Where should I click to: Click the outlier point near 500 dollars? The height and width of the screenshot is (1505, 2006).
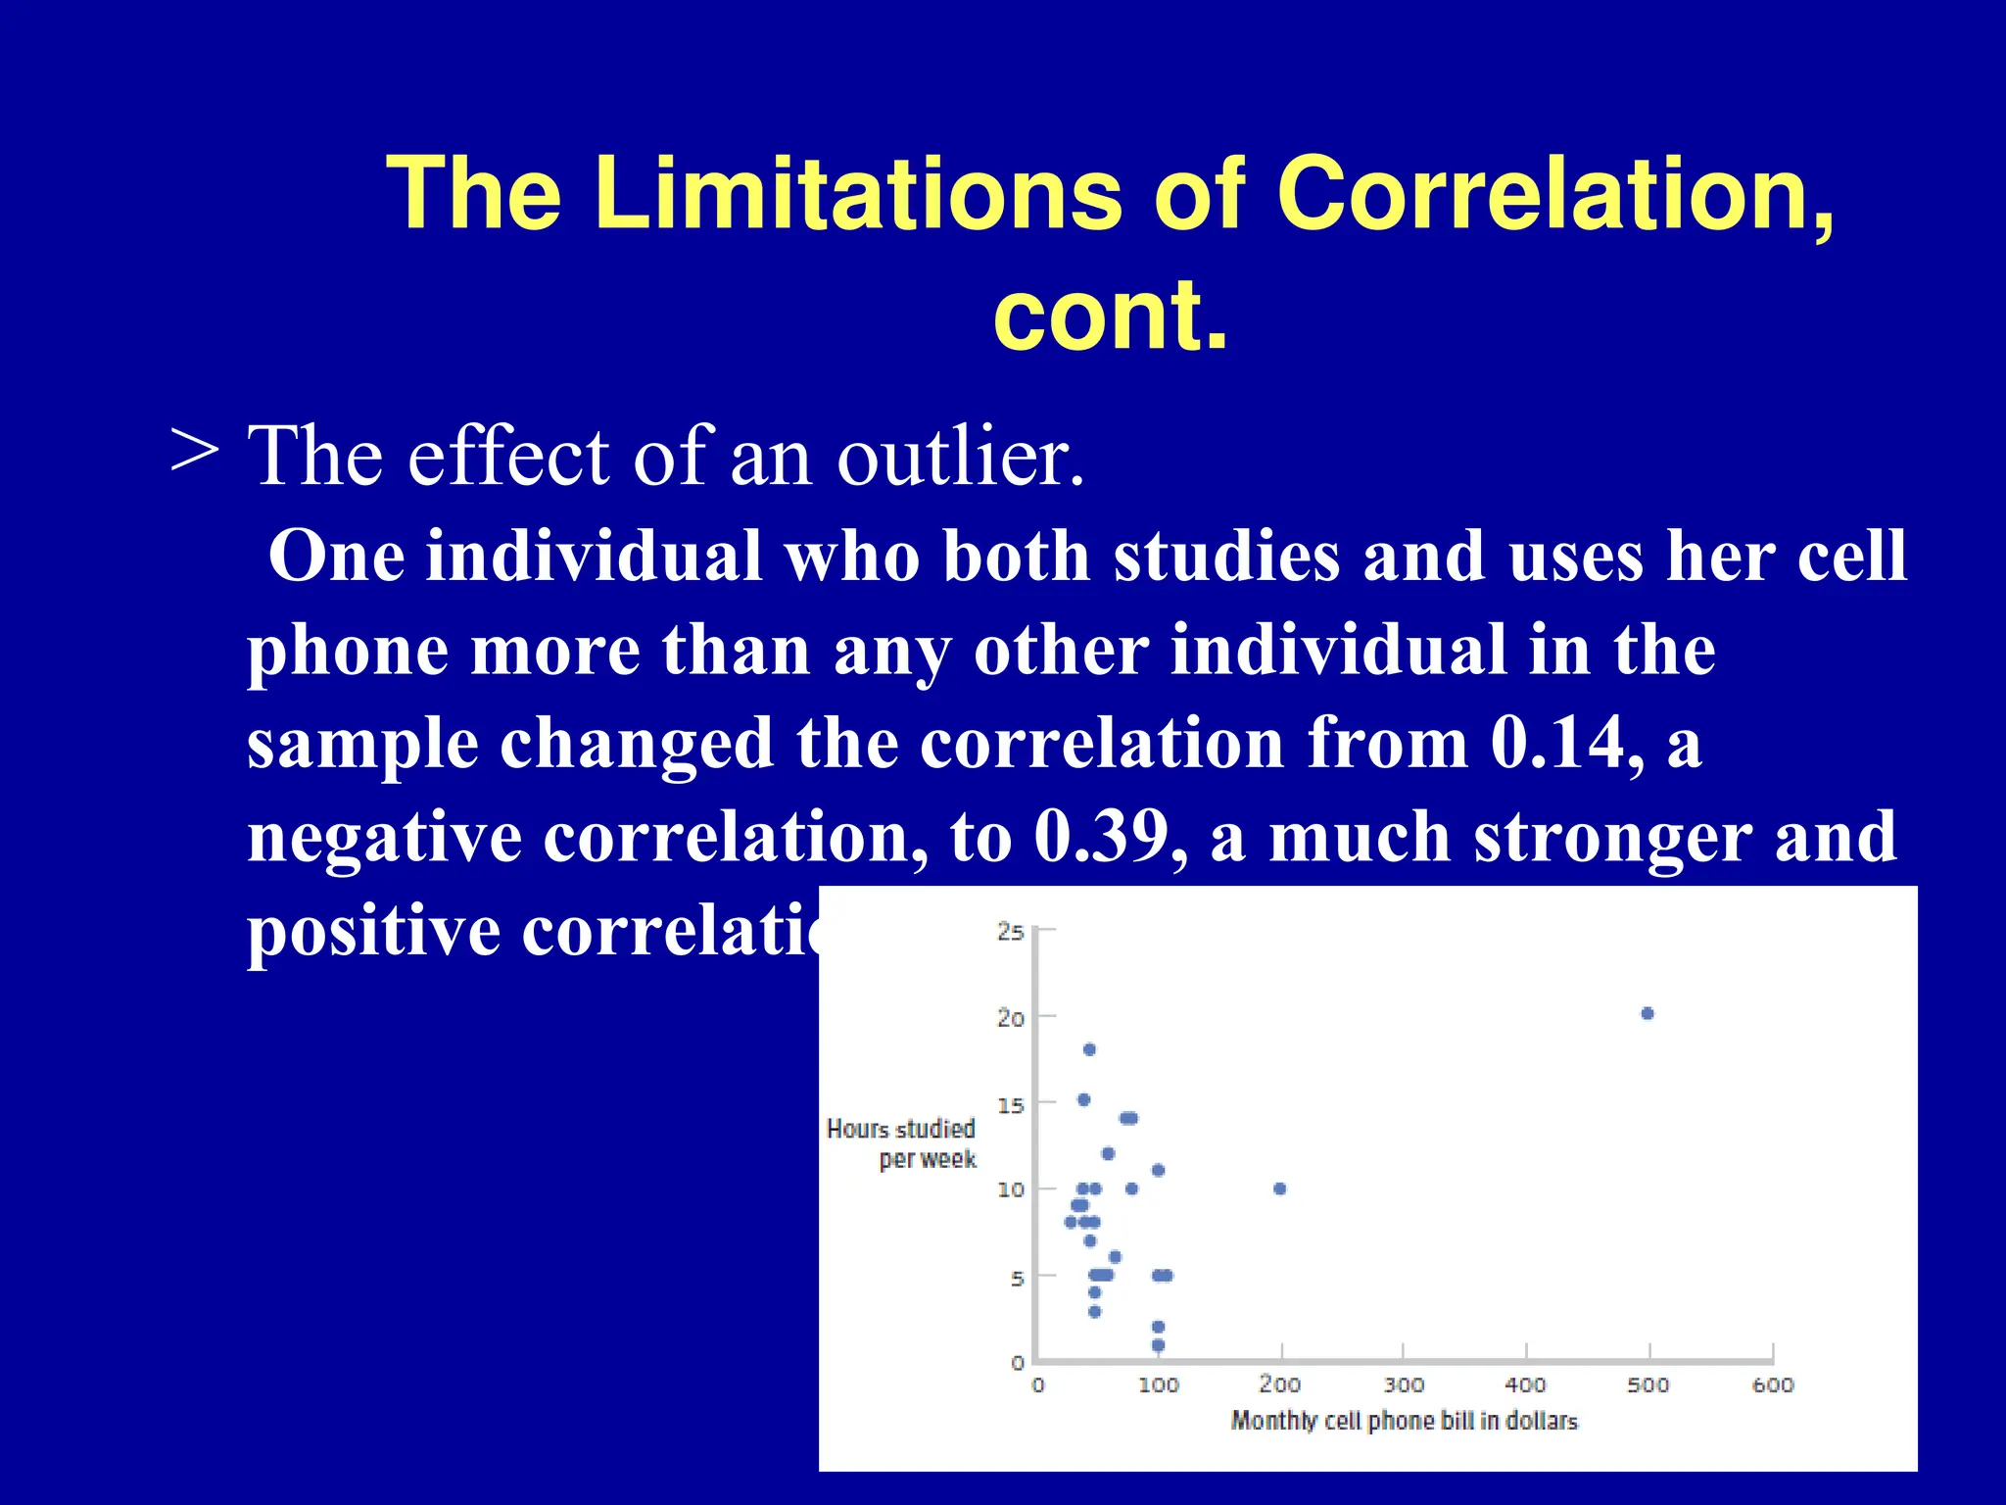[1647, 1013]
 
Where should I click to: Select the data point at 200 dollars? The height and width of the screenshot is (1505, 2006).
[1279, 1189]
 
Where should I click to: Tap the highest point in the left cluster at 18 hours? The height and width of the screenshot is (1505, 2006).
[1089, 1049]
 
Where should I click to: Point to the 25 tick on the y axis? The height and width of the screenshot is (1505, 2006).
[1011, 932]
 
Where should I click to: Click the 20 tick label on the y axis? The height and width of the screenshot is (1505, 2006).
[1011, 1018]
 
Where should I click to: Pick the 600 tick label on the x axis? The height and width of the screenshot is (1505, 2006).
[1772, 1385]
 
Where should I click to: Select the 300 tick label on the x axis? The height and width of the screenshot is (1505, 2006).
[1404, 1385]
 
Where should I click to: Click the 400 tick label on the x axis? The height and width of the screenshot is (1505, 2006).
[1525, 1385]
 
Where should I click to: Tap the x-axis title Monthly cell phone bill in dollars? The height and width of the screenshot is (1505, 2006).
[1404, 1421]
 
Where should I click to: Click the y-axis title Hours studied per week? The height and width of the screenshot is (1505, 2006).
[902, 1143]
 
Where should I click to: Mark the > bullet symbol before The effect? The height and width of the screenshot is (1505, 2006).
[194, 452]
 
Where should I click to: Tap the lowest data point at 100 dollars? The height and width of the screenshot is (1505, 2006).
[1158, 1345]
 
